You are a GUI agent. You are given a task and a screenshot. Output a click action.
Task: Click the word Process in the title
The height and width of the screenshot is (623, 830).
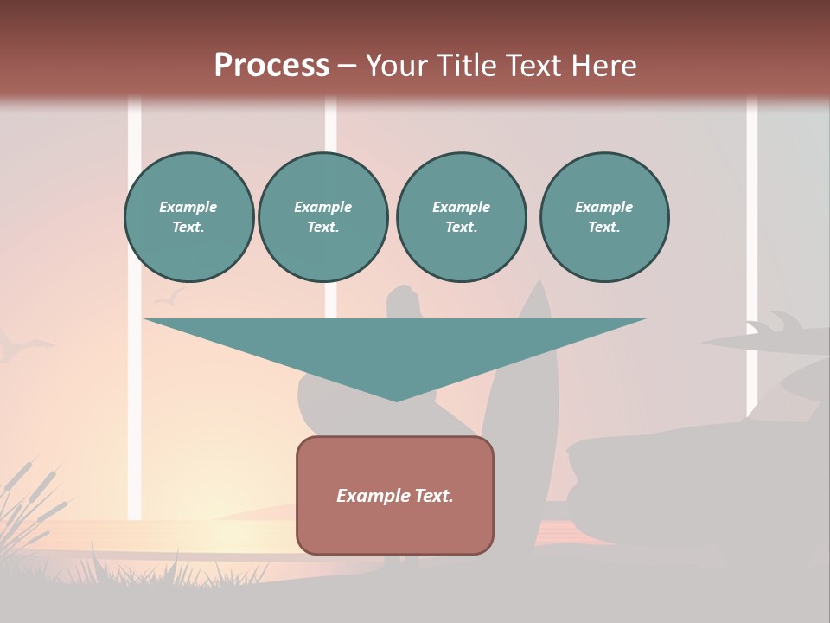271,66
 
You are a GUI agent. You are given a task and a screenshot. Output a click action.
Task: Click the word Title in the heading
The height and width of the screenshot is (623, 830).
463,66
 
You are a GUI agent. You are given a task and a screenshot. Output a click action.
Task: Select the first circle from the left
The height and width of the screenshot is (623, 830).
188,217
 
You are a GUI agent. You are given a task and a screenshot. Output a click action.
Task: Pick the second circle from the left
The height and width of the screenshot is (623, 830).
323,217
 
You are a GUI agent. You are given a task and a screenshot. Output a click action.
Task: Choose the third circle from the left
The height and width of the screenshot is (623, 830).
461,217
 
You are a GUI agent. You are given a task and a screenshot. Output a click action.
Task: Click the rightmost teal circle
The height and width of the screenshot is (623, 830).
604,217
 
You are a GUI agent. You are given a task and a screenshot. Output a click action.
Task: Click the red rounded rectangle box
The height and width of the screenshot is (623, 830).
395,495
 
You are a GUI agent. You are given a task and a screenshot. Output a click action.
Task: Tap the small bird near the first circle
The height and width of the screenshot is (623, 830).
169,298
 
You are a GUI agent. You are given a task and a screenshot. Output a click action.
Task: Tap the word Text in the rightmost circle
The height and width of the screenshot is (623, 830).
603,228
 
